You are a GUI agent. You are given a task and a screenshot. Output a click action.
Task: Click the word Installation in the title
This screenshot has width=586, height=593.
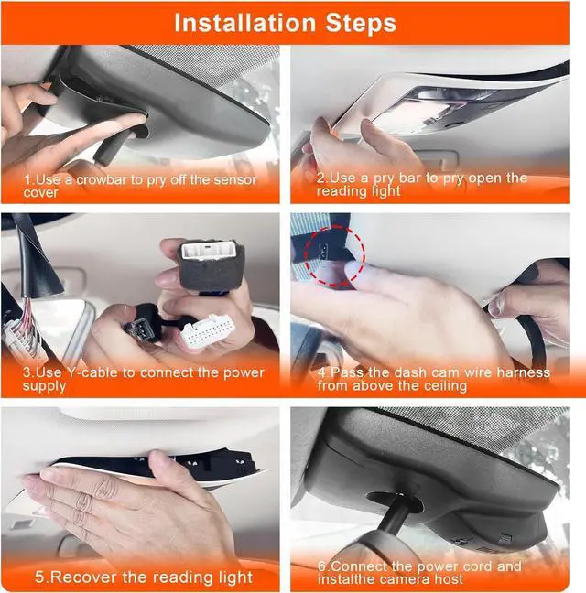244,23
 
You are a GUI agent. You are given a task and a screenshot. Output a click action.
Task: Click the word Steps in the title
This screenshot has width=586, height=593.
361,24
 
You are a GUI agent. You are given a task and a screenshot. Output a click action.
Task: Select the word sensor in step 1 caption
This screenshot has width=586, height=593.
234,180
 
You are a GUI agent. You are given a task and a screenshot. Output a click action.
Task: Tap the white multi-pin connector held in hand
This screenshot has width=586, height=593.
208,329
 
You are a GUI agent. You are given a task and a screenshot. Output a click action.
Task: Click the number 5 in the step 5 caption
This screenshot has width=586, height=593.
39,577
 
